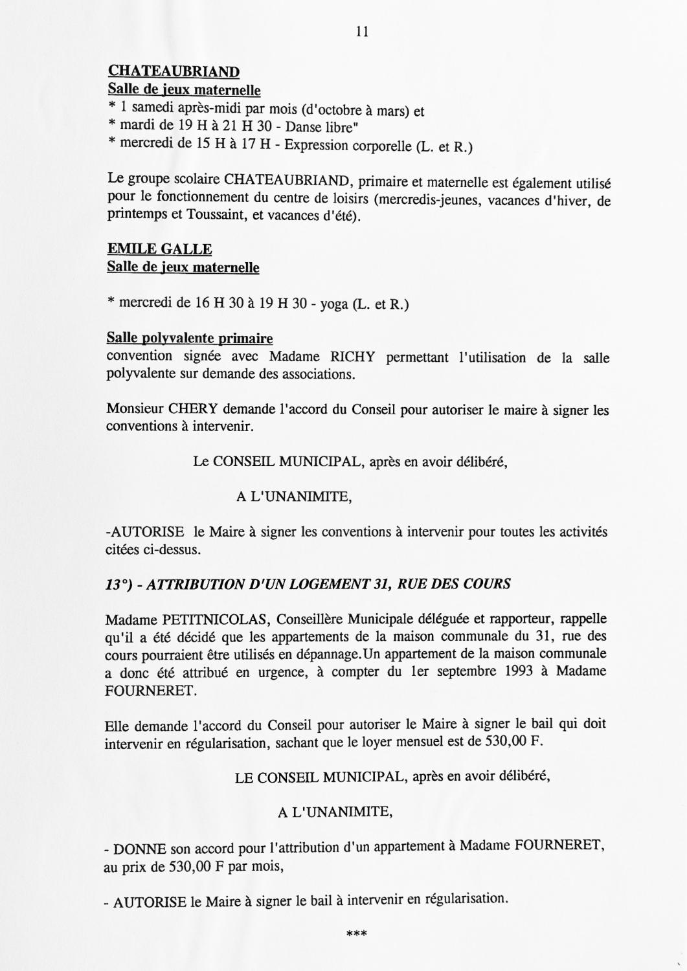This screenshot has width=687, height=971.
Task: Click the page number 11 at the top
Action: coord(362,31)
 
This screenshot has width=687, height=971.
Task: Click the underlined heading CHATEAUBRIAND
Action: coord(173,71)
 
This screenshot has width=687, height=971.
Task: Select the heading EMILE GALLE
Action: coord(159,249)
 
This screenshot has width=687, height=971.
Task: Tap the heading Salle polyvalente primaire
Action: coord(189,339)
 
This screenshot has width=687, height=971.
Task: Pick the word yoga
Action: coord(334,303)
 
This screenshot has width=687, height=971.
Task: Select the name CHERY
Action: coord(192,410)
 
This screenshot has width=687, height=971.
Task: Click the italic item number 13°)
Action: coord(118,584)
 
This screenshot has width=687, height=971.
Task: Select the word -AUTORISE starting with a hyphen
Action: coord(144,532)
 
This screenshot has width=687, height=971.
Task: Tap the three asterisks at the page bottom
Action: coord(357,934)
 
